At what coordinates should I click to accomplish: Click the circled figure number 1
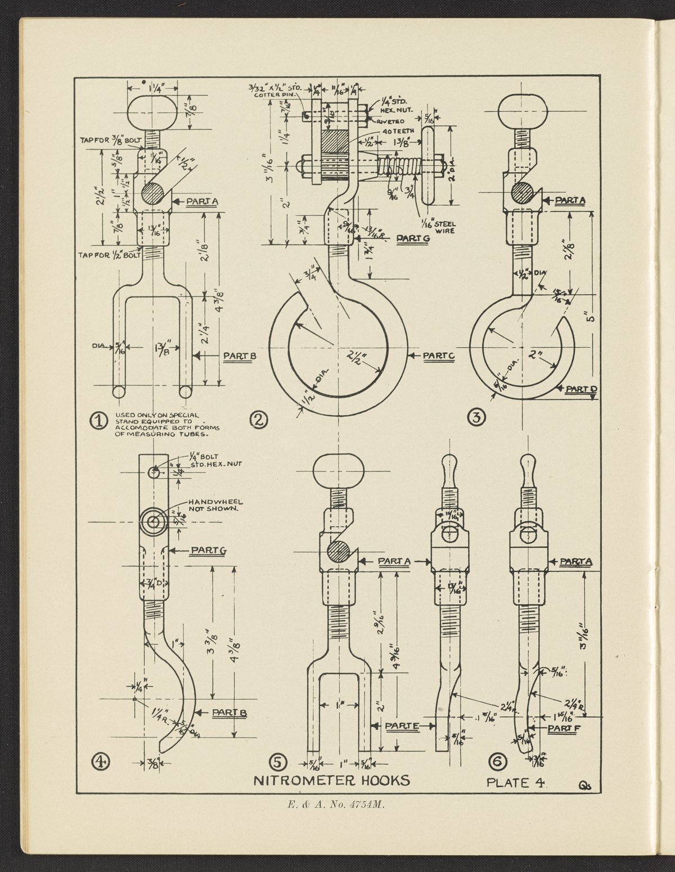pyautogui.click(x=100, y=420)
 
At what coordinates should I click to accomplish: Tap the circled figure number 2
pyautogui.click(x=259, y=420)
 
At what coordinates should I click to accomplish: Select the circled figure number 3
pyautogui.click(x=476, y=417)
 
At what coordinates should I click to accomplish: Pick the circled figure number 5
pyautogui.click(x=278, y=762)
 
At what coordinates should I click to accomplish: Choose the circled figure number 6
pyautogui.click(x=498, y=762)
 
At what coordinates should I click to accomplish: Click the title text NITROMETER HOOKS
pyautogui.click(x=331, y=780)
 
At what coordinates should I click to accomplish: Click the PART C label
pyautogui.click(x=439, y=356)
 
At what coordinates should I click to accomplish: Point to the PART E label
pyautogui.click(x=402, y=726)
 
